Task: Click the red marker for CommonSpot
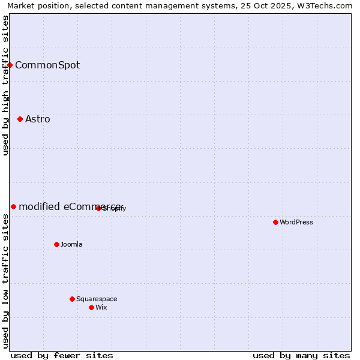tap(10, 65)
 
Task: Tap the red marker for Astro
tap(20, 119)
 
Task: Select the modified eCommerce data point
tap(13, 206)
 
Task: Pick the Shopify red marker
tap(98, 208)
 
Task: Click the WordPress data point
tap(275, 222)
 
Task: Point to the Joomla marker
tap(56, 244)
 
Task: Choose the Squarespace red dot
tap(72, 299)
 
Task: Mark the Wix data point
tap(91, 307)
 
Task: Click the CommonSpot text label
tap(47, 65)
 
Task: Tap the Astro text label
tap(38, 119)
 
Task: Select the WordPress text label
tap(296, 222)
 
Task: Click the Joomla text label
tap(71, 244)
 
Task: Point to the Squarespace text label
tap(97, 299)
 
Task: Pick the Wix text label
tap(101, 307)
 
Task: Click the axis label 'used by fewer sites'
tap(62, 355)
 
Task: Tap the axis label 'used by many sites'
tap(301, 355)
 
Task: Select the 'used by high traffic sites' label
tap(5, 85)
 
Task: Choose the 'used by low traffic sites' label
tap(5, 281)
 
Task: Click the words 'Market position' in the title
tap(36, 5)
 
